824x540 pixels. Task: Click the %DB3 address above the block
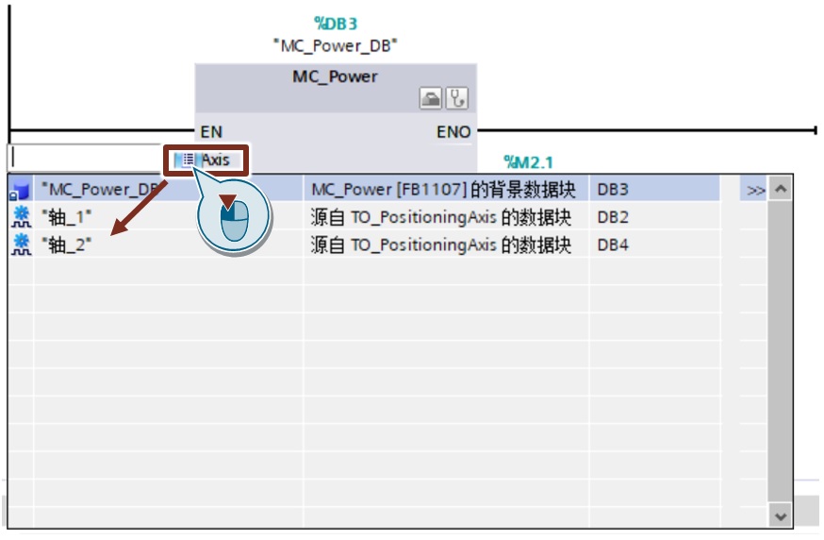point(336,24)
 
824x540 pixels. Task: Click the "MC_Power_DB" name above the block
point(336,46)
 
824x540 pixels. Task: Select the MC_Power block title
point(336,76)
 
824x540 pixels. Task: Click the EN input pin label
point(211,131)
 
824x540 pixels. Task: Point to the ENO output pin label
point(453,131)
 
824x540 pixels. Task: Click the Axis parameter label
point(216,160)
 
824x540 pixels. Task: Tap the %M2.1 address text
point(529,162)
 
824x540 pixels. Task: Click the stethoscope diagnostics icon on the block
point(456,98)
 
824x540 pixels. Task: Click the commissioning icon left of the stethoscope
point(431,98)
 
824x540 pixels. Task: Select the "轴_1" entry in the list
point(67,217)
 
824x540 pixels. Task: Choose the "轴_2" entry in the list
point(67,245)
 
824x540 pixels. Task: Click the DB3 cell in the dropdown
point(613,190)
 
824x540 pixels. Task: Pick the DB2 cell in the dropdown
point(613,217)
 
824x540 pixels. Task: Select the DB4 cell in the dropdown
point(613,245)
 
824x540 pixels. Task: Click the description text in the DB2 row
point(440,217)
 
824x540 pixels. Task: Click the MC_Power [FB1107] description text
point(443,190)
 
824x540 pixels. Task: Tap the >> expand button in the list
point(756,190)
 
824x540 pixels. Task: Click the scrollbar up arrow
point(781,189)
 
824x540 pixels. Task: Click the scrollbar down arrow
point(781,516)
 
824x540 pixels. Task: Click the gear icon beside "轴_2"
point(21,245)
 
